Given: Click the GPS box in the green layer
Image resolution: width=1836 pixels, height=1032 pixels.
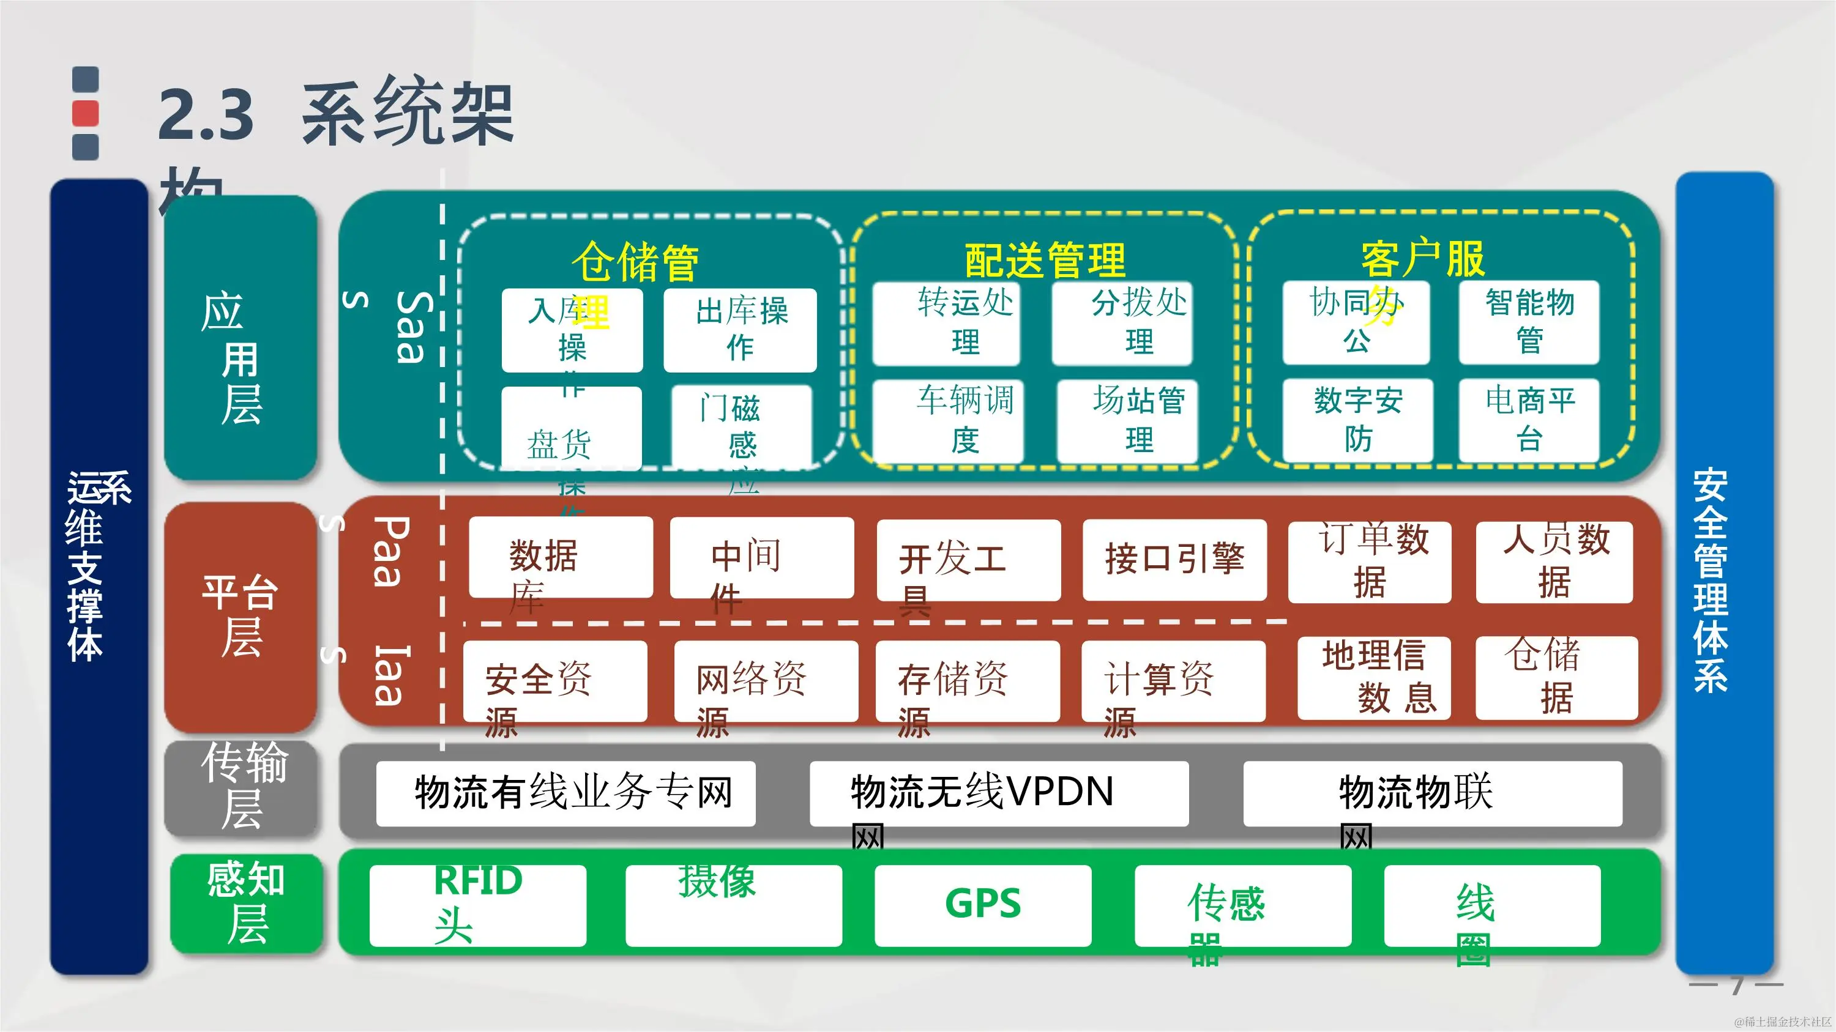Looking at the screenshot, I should (x=983, y=905).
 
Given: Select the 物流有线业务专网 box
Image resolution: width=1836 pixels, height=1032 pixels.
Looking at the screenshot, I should (x=565, y=793).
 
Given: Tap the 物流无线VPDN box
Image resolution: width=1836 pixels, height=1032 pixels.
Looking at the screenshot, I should (x=999, y=793).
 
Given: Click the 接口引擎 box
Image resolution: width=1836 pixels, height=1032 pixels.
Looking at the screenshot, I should (x=1174, y=560).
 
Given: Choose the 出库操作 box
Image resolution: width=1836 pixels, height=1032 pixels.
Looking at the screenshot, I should (x=740, y=330).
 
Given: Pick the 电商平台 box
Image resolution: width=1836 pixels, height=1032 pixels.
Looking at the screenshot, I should (x=1529, y=420).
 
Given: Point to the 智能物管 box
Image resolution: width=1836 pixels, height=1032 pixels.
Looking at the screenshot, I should (x=1529, y=322).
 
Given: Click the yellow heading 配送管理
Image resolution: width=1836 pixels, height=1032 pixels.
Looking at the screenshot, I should (x=1045, y=260).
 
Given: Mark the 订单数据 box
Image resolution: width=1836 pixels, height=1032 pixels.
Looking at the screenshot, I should (x=1369, y=561).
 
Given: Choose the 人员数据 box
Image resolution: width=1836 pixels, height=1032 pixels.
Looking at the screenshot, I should (x=1554, y=561).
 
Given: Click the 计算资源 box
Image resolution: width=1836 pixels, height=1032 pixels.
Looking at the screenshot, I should (x=1173, y=681).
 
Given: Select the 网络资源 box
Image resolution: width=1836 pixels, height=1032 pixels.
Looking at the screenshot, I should (x=766, y=681).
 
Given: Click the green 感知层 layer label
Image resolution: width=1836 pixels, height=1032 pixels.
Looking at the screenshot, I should (x=246, y=903).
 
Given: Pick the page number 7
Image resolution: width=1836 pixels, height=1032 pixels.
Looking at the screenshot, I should (x=1737, y=985).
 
